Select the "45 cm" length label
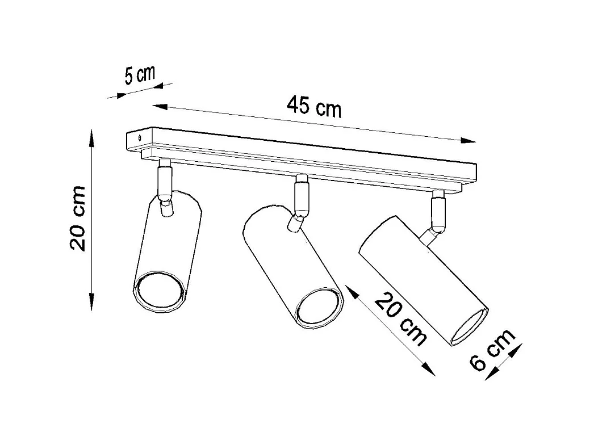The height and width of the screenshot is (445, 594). [x=313, y=106]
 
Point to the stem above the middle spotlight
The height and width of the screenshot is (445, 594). [x=300, y=195]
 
